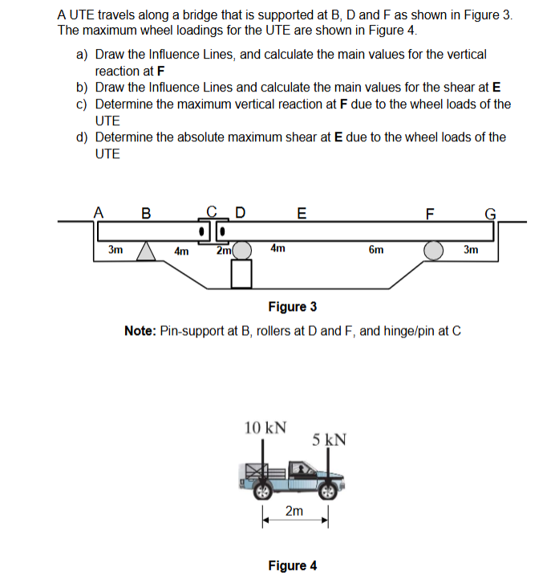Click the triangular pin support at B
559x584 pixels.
click(146, 251)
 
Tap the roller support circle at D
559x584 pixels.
click(242, 251)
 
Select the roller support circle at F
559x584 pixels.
click(435, 251)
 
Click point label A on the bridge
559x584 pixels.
click(98, 213)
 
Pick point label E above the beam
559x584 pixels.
click(301, 213)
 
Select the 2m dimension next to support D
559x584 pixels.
click(224, 251)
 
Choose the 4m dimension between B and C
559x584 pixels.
click(181, 251)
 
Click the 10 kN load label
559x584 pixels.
click(265, 427)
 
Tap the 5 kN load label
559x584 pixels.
click(330, 439)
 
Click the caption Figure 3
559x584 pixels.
click(292, 306)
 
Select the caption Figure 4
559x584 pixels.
click(292, 566)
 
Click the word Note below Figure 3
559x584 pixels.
click(141, 331)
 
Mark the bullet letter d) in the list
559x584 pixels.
click(82, 137)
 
